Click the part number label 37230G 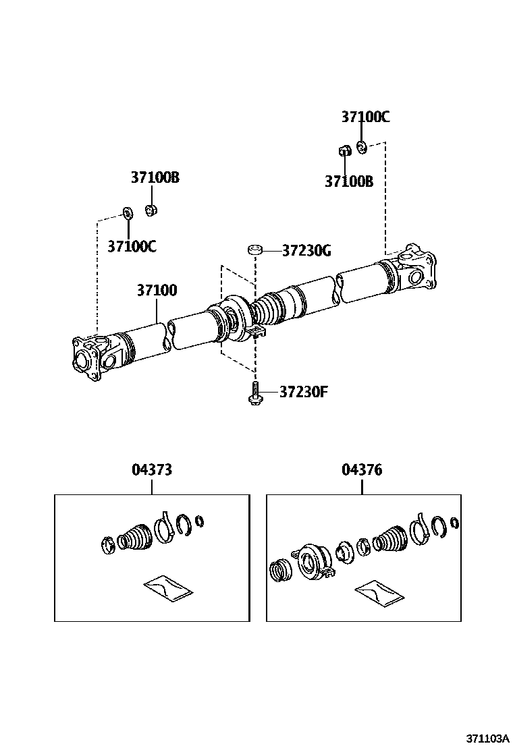pyautogui.click(x=306, y=251)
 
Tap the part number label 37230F pyautogui.click(x=304, y=392)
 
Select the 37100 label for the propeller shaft pyautogui.click(x=157, y=291)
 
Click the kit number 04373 pyautogui.click(x=151, y=469)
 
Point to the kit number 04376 pyautogui.click(x=362, y=469)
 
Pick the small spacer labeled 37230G pyautogui.click(x=254, y=251)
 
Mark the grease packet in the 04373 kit pyautogui.click(x=168, y=587)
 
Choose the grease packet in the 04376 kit pyautogui.click(x=379, y=592)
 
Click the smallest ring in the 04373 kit pyautogui.click(x=200, y=521)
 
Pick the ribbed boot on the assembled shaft pyautogui.click(x=268, y=309)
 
